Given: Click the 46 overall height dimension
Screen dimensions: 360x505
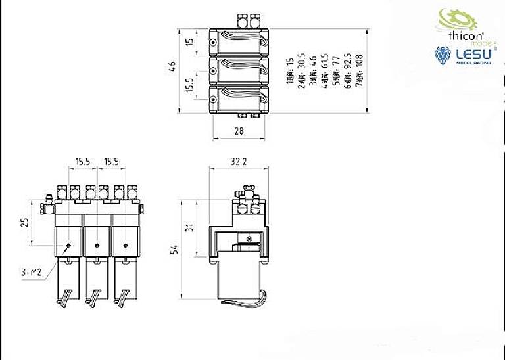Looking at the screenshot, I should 173,66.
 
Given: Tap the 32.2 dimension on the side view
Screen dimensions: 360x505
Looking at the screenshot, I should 238,160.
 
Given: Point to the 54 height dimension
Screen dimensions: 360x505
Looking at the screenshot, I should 173,249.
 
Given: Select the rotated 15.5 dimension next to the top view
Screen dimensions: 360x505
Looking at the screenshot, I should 190,85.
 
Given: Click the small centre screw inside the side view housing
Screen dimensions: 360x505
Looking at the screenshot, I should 249,237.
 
